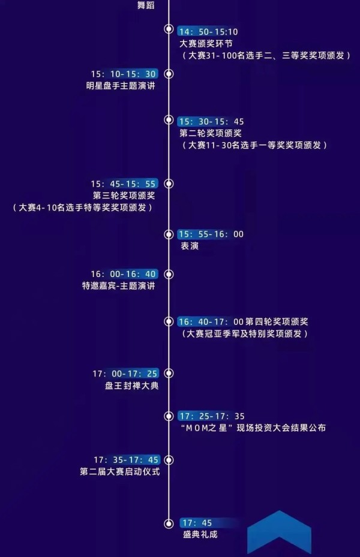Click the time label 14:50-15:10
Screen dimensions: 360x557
[208, 32]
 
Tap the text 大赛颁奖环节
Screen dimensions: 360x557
[206, 44]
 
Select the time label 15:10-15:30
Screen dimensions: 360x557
[124, 74]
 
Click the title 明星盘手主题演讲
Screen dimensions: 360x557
[121, 86]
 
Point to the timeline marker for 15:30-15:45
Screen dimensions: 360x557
[169, 120]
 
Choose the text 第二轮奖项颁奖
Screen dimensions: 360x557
[211, 133]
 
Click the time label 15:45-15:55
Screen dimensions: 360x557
[124, 183]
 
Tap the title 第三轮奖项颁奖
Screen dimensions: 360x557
[124, 195]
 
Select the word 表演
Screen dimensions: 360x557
[190, 246]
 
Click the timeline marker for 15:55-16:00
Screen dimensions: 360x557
[169, 234]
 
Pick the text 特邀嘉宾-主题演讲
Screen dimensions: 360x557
[119, 285]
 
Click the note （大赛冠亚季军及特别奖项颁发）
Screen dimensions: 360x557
[245, 333]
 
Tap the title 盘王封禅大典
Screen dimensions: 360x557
[132, 386]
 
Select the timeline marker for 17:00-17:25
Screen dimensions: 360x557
[169, 373]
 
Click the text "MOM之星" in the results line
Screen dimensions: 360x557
[207, 427]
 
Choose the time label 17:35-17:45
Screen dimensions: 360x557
[126, 460]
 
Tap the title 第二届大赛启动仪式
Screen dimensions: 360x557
[120, 472]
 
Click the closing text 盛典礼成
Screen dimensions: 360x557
[200, 534]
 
